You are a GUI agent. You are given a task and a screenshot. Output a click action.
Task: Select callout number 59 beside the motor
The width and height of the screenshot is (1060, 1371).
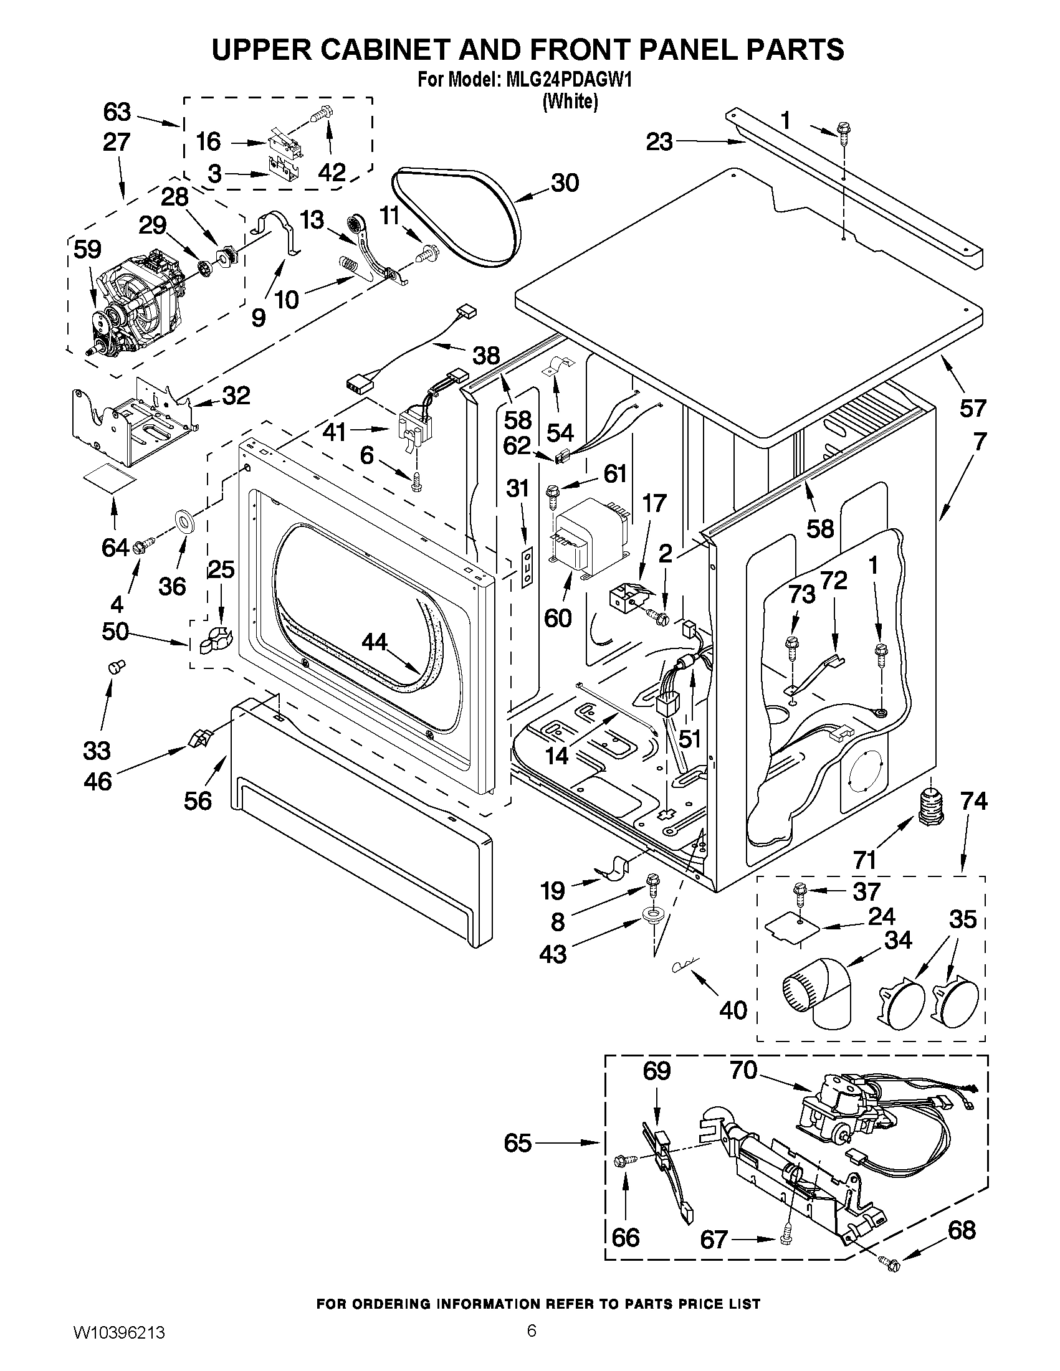pyautogui.click(x=87, y=249)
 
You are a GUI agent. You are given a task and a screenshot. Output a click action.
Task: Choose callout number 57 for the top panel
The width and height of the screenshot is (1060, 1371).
pyautogui.click(x=972, y=409)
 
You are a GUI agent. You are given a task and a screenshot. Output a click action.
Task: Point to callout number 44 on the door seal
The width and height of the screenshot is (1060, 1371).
pyautogui.click(x=375, y=641)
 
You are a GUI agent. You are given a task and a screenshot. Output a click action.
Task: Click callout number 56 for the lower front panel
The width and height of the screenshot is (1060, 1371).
pyautogui.click(x=198, y=800)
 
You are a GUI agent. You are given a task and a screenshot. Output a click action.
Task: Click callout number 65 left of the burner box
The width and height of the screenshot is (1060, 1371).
pyautogui.click(x=517, y=1143)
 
